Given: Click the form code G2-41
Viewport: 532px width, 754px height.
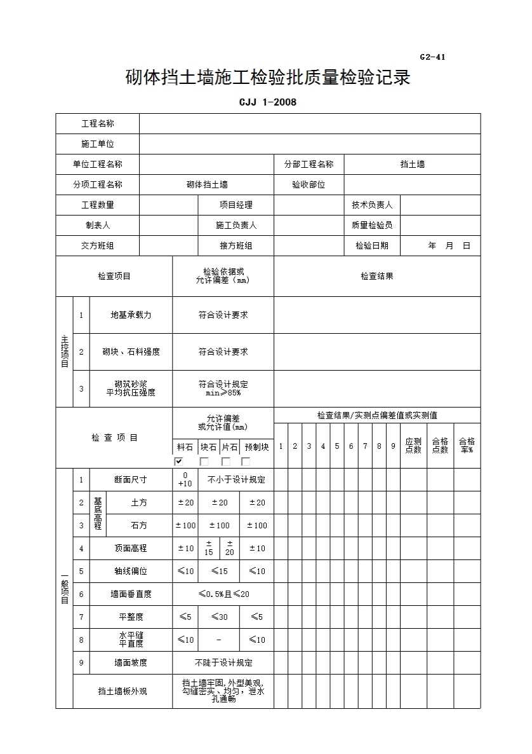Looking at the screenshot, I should [x=432, y=57].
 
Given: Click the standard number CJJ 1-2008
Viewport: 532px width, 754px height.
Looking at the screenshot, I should [x=268, y=102].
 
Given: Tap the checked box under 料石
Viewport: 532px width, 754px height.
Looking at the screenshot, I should [x=179, y=462].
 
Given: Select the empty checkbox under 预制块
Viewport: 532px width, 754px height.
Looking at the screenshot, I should [x=246, y=462].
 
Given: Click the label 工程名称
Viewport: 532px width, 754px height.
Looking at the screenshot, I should [x=98, y=124].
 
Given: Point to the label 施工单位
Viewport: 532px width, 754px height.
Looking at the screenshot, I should [x=98, y=144].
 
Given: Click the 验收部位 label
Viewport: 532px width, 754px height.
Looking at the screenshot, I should [x=309, y=184].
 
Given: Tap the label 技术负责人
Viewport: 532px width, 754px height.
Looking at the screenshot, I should [x=372, y=205].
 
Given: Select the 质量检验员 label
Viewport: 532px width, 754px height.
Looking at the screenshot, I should [x=372, y=225].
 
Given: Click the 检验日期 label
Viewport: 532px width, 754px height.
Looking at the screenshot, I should [x=372, y=245].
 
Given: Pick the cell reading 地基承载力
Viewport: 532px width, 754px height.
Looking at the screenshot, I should [x=131, y=315].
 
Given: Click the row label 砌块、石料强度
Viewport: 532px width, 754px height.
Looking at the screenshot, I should [x=131, y=352].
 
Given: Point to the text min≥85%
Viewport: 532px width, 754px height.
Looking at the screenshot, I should [x=223, y=393].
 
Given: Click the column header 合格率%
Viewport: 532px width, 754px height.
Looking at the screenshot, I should [x=467, y=446].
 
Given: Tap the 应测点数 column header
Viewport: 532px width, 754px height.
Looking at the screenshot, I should [x=413, y=446].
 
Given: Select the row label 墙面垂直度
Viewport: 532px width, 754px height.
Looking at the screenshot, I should [x=131, y=594].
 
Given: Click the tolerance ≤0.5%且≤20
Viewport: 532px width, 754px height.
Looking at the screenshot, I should [x=223, y=594].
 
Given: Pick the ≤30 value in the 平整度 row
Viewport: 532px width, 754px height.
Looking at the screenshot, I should [x=219, y=617].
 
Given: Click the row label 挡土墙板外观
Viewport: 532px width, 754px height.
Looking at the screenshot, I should [x=123, y=691].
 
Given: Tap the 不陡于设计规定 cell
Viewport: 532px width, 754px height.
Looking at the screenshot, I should [x=223, y=662].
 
